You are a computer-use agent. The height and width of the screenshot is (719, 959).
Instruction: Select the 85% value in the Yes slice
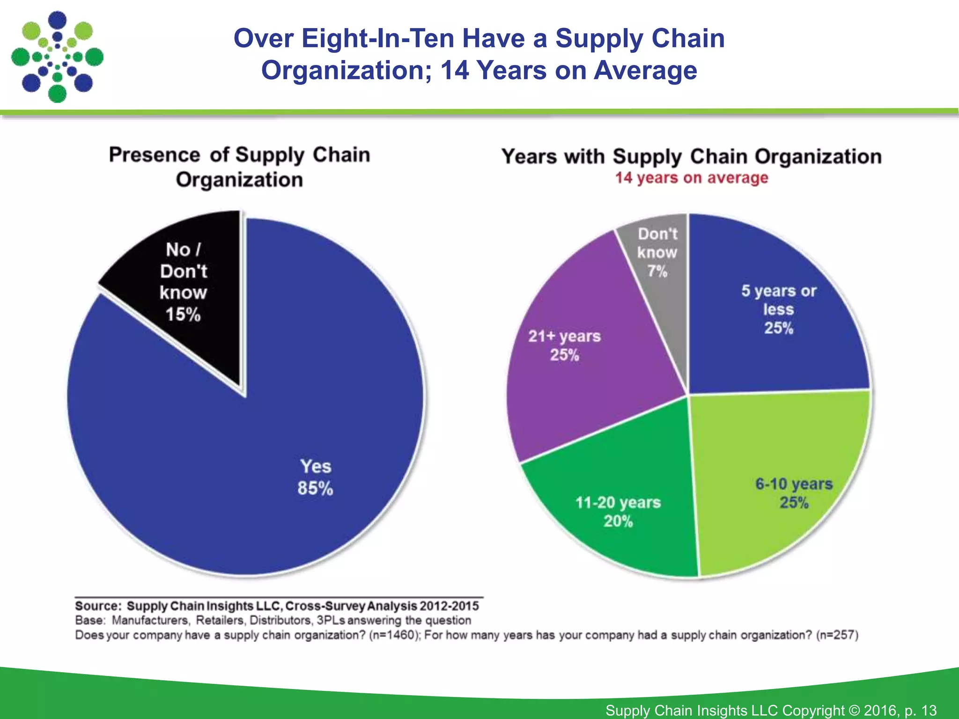click(315, 488)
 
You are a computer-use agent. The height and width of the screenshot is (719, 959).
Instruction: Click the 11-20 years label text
click(618, 502)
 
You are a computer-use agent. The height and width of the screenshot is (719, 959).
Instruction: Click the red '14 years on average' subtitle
click(691, 178)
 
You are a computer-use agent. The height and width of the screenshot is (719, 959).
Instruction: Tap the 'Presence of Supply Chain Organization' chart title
click(239, 167)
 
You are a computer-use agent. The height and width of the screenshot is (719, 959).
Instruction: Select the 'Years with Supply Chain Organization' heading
click(691, 156)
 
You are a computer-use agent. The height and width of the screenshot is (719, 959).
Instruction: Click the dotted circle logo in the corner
click(57, 57)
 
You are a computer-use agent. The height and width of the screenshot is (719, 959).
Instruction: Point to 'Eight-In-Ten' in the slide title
click(378, 38)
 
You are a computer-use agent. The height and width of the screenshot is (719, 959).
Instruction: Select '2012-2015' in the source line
click(449, 606)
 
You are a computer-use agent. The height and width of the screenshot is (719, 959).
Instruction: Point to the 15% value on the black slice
click(183, 315)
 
